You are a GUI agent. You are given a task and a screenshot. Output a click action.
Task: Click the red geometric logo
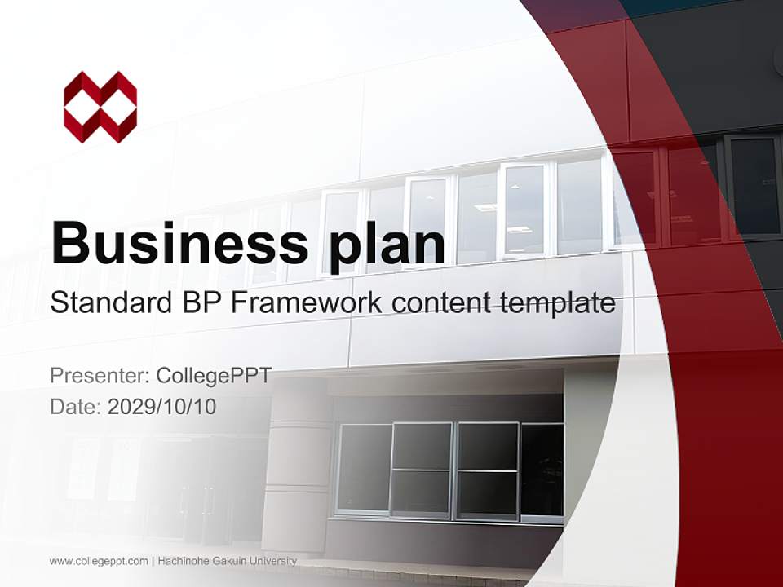[x=100, y=107]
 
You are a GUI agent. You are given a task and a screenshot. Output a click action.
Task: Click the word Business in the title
[x=179, y=243]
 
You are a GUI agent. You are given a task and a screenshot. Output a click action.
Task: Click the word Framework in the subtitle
[x=307, y=303]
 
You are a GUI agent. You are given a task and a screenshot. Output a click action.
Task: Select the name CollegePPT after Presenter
[x=213, y=376]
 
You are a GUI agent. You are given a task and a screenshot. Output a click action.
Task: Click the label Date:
[x=76, y=406]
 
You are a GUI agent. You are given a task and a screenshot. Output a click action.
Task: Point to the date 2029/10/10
[x=161, y=406]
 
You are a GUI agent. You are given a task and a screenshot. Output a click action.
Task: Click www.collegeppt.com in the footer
[x=99, y=561]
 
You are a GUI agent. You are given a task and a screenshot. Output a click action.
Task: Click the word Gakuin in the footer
[x=232, y=561]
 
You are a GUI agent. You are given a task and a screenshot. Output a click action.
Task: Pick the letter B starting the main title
[x=70, y=243]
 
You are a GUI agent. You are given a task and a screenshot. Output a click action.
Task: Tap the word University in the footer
[x=274, y=561]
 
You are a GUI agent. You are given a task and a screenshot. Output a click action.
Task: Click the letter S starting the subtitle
[x=57, y=303]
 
